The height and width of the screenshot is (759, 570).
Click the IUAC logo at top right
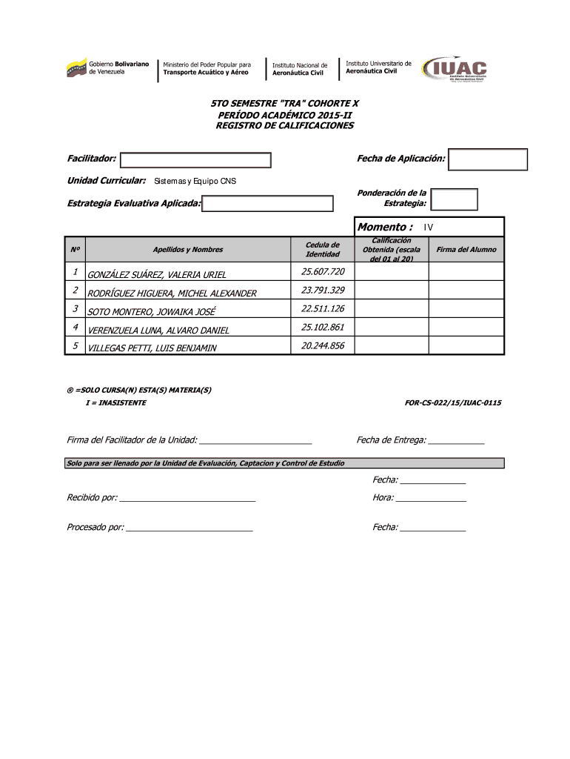click(x=460, y=69)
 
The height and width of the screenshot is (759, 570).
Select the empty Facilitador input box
click(x=195, y=160)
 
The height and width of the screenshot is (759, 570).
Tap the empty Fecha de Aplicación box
click(x=488, y=159)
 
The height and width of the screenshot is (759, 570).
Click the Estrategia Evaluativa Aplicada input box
click(x=269, y=204)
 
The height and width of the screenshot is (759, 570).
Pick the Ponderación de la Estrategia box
click(x=454, y=199)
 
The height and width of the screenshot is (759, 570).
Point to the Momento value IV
click(x=429, y=228)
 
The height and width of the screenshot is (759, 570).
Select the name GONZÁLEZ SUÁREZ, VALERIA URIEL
click(x=157, y=275)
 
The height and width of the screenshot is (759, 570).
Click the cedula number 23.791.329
click(x=323, y=290)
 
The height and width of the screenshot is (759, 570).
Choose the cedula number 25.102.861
click(x=323, y=327)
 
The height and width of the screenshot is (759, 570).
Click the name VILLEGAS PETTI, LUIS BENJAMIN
click(x=152, y=348)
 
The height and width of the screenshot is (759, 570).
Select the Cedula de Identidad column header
click(x=323, y=250)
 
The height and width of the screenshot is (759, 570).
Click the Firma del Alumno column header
click(x=466, y=250)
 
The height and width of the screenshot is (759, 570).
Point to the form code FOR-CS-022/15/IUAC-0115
click(x=453, y=402)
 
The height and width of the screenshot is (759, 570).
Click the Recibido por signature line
click(x=187, y=499)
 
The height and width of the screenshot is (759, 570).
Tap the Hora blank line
click(x=431, y=499)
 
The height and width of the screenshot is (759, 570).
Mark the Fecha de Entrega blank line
click(x=456, y=441)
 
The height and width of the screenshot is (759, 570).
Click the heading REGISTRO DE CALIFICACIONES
click(x=284, y=126)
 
